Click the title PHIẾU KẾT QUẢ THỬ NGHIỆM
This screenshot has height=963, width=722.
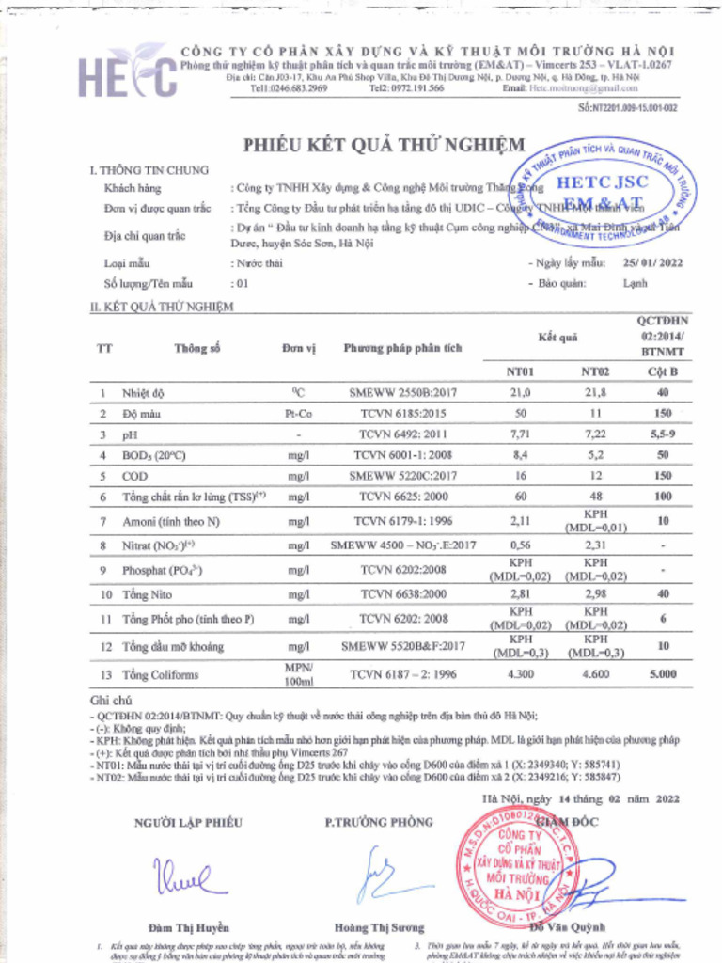pos(385,145)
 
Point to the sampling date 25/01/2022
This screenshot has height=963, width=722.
pos(652,263)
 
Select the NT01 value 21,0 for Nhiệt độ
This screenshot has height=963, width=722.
pos(520,392)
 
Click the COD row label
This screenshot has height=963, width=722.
pos(135,476)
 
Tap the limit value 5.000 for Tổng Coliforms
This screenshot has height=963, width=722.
pos(663,674)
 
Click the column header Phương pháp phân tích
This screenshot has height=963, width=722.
pos(402,348)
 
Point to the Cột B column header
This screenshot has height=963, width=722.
pos(663,371)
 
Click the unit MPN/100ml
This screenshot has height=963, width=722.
pos(297,673)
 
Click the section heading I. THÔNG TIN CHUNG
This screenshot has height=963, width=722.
pos(149,170)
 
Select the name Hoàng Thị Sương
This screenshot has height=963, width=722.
pos(380,926)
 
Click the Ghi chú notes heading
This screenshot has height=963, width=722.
pos(109,701)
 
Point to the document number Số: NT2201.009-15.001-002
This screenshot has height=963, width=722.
pos(627,108)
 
